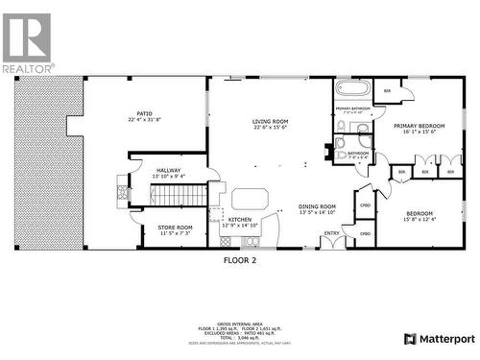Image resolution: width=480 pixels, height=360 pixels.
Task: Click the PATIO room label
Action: click(144, 113)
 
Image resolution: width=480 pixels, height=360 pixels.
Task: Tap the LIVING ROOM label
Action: click(270, 121)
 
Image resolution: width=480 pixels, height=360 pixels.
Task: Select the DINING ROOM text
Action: click(316, 205)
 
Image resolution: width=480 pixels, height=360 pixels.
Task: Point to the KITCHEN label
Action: click(239, 220)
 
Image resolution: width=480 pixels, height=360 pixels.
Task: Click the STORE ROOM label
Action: click(175, 227)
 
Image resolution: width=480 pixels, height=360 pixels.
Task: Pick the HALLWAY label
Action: click(169, 170)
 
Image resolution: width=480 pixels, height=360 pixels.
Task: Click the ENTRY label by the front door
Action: click(331, 232)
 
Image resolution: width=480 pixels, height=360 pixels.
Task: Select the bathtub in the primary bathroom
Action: click(352, 89)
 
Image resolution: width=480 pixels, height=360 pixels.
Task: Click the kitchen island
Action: click(251, 200)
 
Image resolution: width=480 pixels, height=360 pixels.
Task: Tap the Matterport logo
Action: click(438, 339)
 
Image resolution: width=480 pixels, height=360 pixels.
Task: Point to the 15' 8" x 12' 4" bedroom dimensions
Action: click(419, 219)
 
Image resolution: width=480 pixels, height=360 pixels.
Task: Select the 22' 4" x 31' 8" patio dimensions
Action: click(144, 120)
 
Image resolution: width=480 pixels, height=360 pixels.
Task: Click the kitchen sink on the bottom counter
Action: click(242, 237)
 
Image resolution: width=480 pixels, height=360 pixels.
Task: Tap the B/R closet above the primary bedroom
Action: click(387, 92)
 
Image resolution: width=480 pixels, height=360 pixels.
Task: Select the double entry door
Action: click(333, 242)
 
